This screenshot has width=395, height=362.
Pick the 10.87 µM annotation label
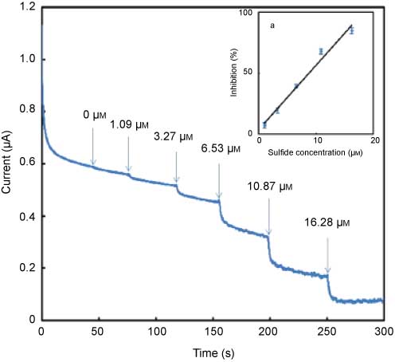tap(272, 184)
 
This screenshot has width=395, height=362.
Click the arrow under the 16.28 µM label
tap(327, 253)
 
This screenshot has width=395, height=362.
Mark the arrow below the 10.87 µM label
tap(269, 215)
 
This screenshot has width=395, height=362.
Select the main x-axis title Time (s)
tap(212, 351)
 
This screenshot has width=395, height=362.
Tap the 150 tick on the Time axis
tap(212, 332)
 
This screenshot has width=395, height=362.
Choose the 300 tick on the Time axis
tap(383, 332)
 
